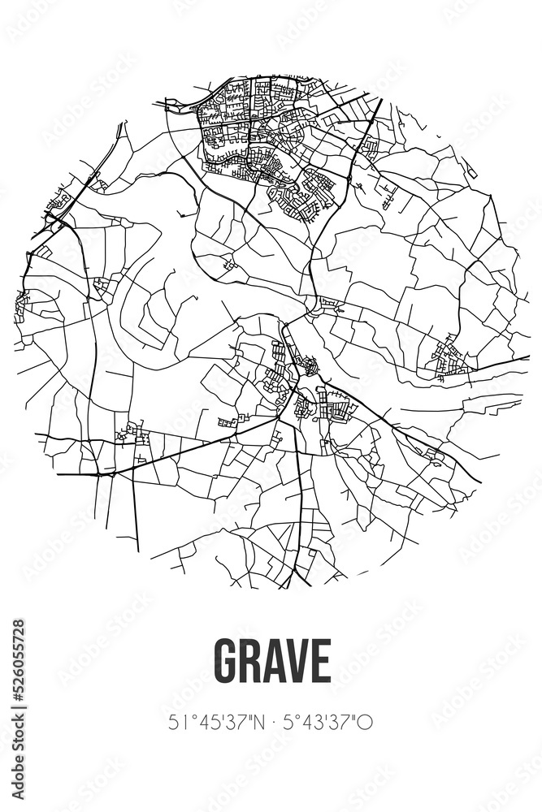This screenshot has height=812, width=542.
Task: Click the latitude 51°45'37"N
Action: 216,721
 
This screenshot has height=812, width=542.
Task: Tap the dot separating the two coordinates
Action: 271,721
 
